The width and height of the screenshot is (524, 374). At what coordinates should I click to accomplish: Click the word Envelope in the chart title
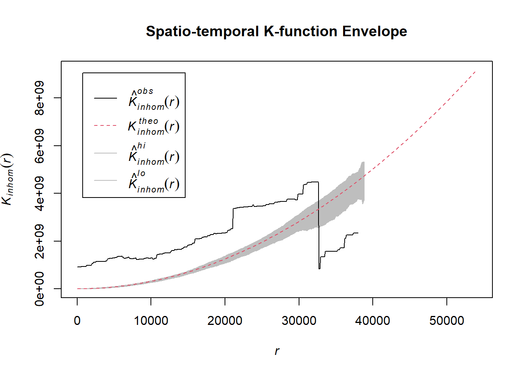coord(374,32)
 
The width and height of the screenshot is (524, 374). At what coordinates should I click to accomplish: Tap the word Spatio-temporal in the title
coord(202,32)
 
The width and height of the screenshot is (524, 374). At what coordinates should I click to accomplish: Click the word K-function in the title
coord(301,32)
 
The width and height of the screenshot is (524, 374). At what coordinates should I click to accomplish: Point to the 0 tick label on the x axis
coord(77,321)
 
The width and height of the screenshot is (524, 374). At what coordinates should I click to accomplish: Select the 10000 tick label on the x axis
coord(151,321)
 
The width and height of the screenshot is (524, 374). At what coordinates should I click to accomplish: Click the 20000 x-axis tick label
coord(225,321)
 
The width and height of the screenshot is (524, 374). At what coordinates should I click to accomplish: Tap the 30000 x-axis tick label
coord(299,321)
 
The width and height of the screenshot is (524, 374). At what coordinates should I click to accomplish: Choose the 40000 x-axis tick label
coord(373,321)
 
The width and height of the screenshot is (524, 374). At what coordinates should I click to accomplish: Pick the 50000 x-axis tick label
coord(447,321)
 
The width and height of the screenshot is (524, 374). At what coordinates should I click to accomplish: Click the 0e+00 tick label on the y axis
coord(39,289)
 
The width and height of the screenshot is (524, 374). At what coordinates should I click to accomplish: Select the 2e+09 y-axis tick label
coord(39,241)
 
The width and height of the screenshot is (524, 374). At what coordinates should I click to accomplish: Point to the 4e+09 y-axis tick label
coord(39,193)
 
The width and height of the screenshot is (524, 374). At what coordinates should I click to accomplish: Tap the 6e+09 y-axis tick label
coord(39,146)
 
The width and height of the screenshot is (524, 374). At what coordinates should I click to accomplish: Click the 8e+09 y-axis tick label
coord(39,98)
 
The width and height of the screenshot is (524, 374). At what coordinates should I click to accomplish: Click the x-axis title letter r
coord(277,351)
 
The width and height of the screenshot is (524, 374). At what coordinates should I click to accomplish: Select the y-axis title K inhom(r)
coord(8,179)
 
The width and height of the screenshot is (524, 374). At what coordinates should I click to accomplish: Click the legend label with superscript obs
coord(154,99)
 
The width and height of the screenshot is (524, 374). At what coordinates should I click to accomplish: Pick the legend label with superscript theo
coord(154,126)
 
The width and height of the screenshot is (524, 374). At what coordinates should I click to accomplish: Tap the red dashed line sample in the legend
coord(105,126)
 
